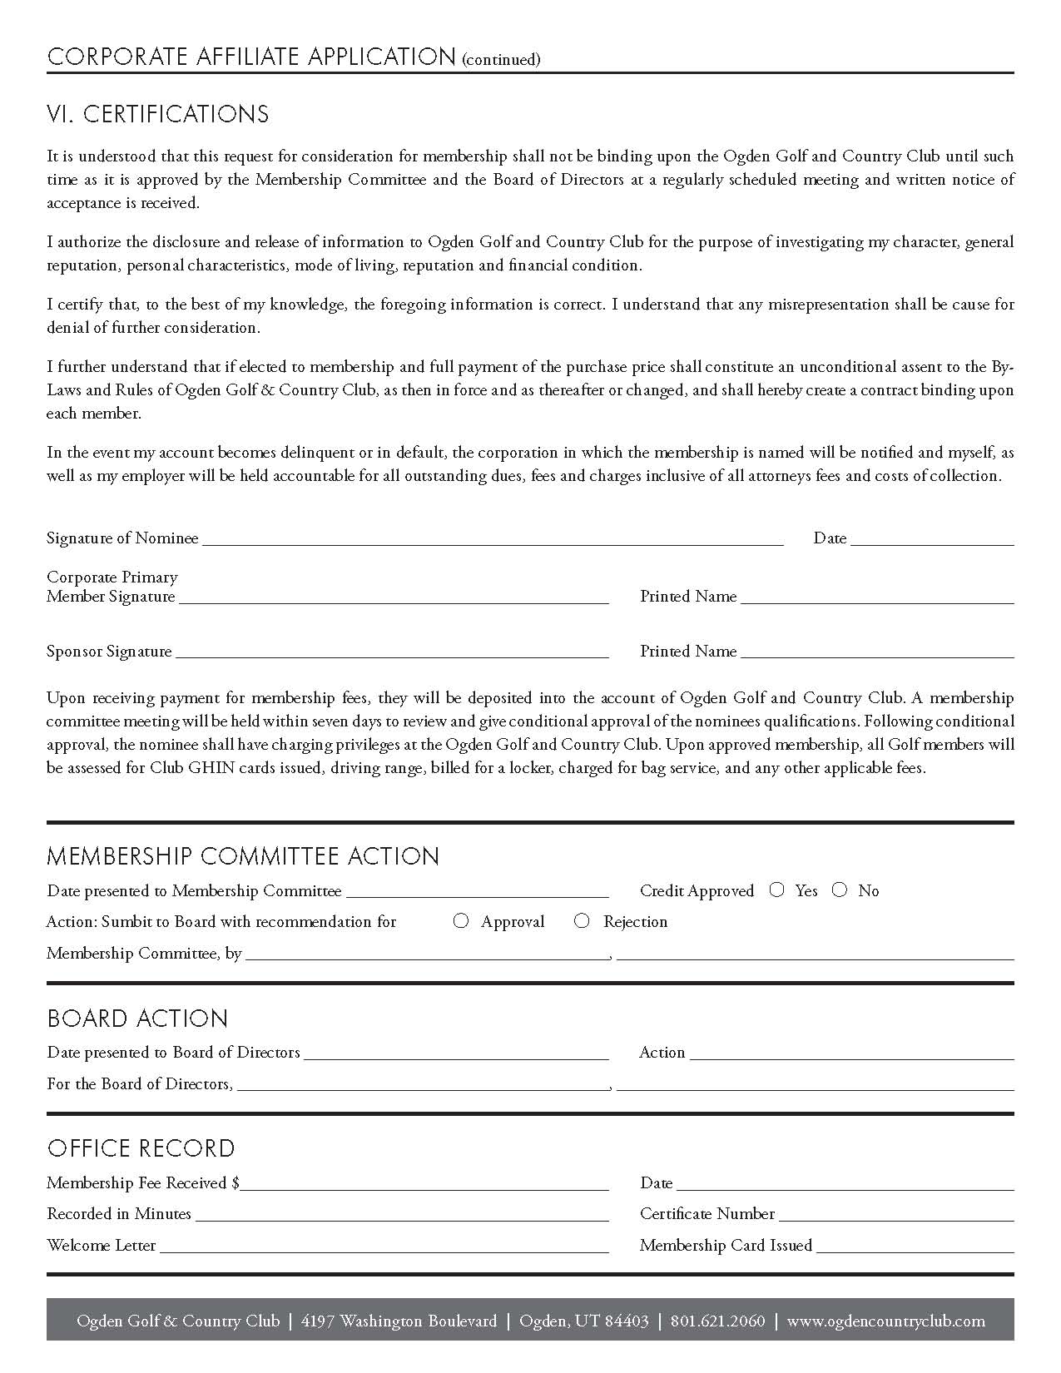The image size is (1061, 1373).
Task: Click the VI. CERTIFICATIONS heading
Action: pos(158,114)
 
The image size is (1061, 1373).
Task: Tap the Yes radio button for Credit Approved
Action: pos(776,890)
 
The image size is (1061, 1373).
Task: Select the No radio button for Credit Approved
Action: pos(840,890)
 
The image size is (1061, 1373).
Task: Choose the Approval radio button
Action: pos(461,920)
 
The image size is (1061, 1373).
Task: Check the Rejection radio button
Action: pos(582,920)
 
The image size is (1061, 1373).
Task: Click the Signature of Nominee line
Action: pos(493,538)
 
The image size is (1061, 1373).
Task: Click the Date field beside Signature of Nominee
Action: pos(932,538)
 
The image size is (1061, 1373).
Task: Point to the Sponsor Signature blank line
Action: pos(392,652)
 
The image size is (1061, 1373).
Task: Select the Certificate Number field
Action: pos(896,1214)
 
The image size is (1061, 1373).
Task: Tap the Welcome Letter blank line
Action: pos(384,1246)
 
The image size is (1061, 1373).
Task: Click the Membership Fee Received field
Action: pos(424,1183)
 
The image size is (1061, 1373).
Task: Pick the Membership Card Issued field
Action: pos(915,1246)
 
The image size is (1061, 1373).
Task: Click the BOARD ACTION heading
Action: pos(137,1019)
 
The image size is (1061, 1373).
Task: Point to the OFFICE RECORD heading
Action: pos(141,1148)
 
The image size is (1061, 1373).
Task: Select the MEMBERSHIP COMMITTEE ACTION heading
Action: pos(243,856)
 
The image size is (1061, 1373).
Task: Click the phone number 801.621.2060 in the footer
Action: pos(717,1321)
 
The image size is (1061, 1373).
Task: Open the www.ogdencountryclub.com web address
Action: pos(885,1321)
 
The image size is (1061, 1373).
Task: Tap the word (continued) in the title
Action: pos(500,59)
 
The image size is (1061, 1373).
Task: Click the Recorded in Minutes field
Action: pos(402,1214)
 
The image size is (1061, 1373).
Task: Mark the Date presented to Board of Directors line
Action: pos(457,1053)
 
